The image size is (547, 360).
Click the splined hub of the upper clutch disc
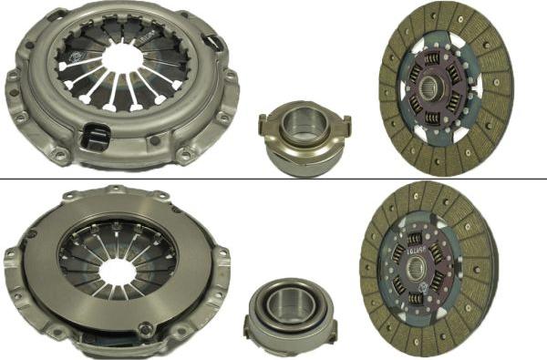[431, 90]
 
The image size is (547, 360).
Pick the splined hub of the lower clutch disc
[418, 268]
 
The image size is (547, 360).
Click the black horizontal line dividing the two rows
[273, 179]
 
